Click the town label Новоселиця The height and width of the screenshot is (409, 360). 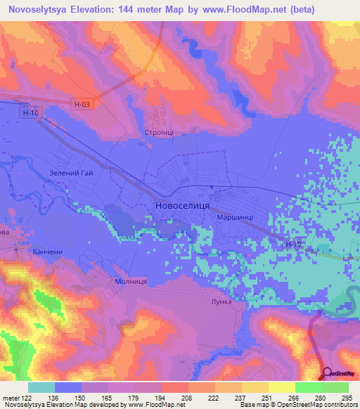point(179,206)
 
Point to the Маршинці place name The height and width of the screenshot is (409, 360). point(236,218)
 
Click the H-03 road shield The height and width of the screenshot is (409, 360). point(82,103)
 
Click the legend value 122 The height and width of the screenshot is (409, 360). point(27,397)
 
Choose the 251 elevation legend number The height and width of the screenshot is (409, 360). point(268,397)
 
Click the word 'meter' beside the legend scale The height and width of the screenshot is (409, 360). point(11,397)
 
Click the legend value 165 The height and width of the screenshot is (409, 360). point(108,397)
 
